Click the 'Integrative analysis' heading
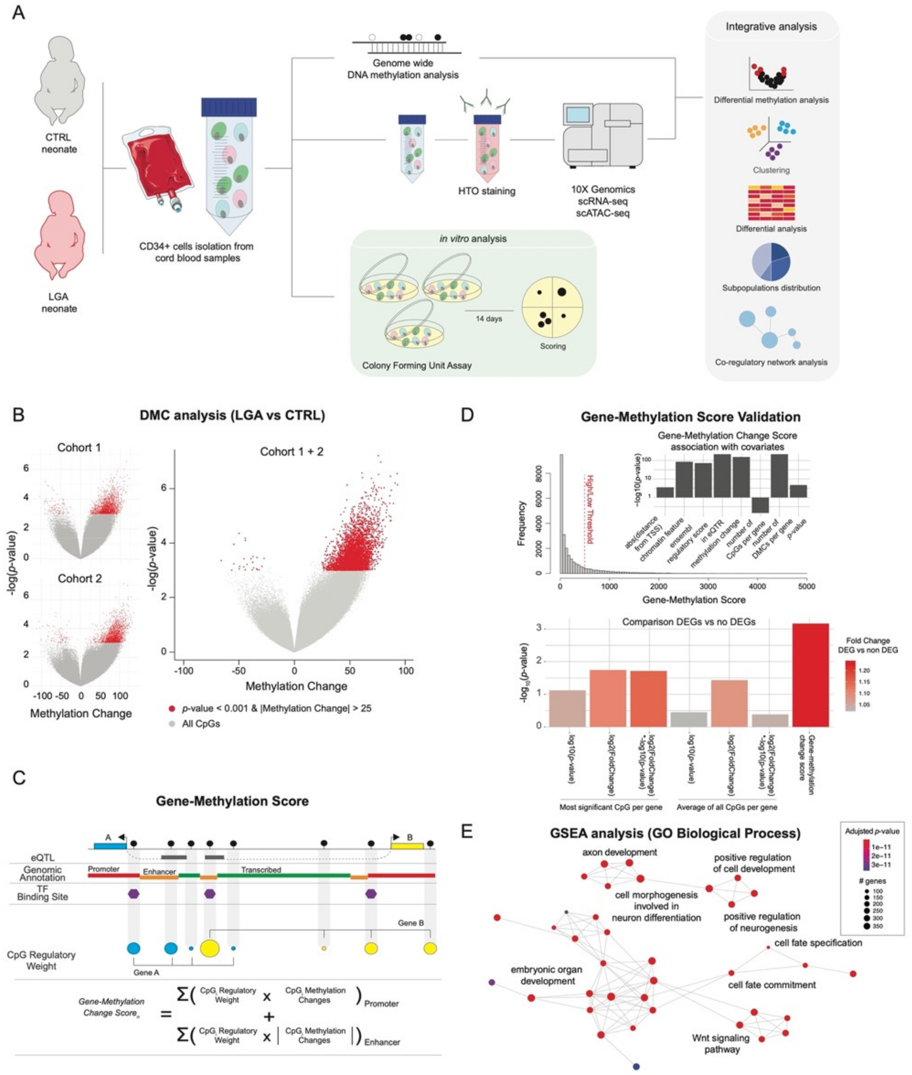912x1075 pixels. [x=771, y=27]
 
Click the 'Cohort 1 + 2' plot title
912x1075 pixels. [x=291, y=452]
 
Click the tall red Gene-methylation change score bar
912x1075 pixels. [x=810, y=675]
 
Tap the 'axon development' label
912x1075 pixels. [x=620, y=852]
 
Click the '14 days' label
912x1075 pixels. [x=489, y=319]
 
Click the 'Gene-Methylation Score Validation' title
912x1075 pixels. [x=690, y=417]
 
